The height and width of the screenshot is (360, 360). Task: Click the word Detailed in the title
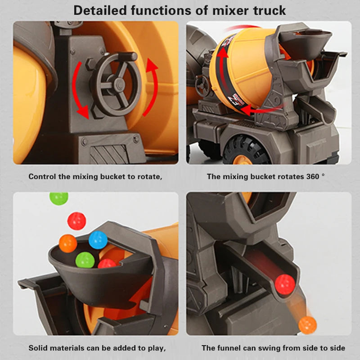coord(100,10)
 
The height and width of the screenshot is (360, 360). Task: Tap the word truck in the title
coord(269,10)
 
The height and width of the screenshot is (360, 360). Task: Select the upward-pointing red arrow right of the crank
coord(152,87)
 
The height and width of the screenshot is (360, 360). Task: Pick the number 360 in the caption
coord(313,176)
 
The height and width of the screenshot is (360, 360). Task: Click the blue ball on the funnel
coord(98,240)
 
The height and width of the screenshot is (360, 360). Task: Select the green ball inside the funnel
coord(85,260)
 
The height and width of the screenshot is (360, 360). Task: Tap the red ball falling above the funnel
coord(76,220)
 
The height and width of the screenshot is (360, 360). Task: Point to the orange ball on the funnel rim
coord(68,243)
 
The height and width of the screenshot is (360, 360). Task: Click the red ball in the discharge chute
coord(285,284)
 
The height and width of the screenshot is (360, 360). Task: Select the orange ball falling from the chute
coord(307,325)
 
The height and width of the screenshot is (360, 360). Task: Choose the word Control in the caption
coord(42,176)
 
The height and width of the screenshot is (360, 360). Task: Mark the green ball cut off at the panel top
coord(59,198)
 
